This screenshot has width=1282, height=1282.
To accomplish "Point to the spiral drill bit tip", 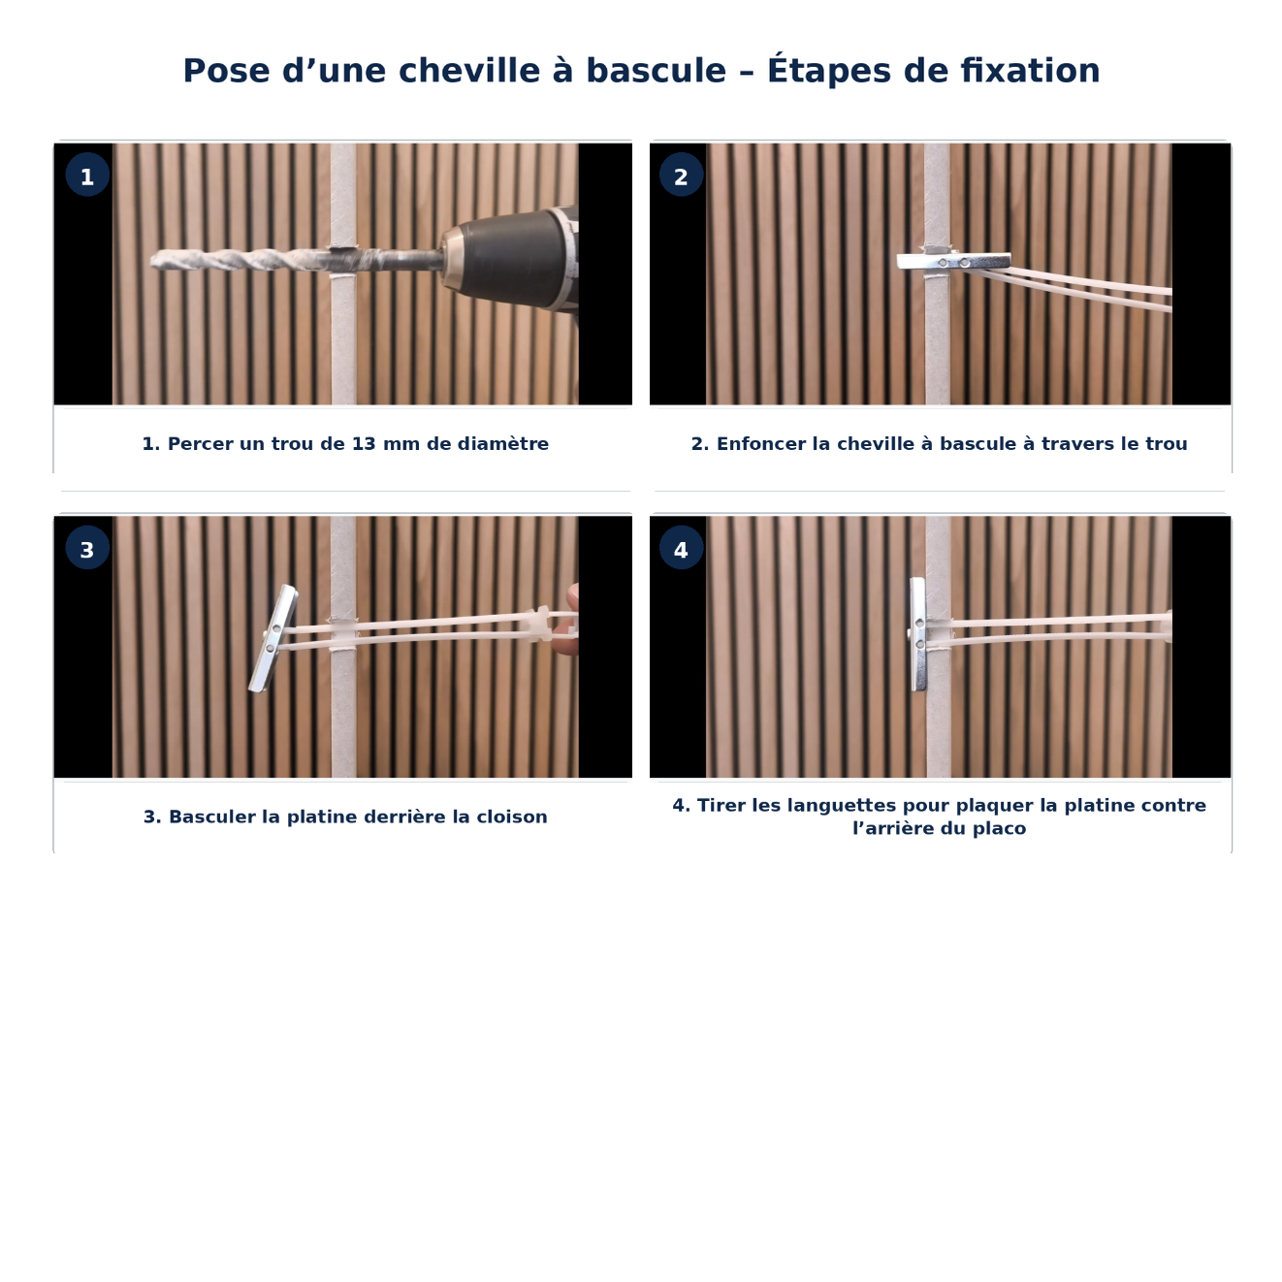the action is (153, 260).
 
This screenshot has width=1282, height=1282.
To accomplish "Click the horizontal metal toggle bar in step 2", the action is (953, 261).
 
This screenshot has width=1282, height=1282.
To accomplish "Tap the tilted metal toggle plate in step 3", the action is (272, 639).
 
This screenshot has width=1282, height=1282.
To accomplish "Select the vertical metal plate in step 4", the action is (917, 634).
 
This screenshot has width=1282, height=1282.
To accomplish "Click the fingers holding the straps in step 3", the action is (569, 620).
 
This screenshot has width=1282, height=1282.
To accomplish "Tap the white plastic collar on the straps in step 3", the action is (539, 624).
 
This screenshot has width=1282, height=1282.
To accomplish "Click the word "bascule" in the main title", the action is (656, 71).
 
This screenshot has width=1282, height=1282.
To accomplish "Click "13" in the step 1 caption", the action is (364, 444).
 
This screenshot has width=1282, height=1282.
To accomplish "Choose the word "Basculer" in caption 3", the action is (212, 817).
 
